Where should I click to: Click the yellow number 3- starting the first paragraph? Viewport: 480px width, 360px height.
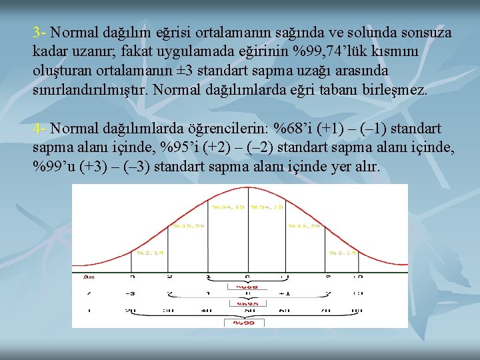click(x=39, y=32)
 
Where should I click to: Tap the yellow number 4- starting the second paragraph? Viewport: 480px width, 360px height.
click(x=39, y=128)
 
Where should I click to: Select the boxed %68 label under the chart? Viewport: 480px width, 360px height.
click(x=247, y=287)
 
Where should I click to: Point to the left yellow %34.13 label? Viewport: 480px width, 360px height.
click(x=229, y=207)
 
